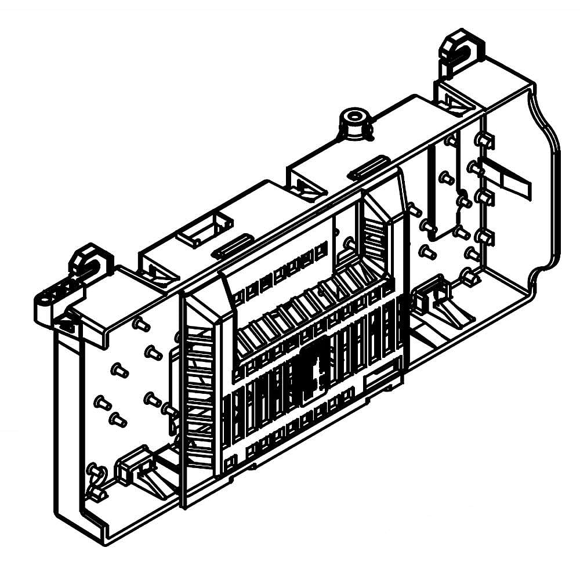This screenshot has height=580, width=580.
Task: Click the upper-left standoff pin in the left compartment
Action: (140, 325)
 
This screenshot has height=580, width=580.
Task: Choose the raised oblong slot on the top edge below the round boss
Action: (368, 165)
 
